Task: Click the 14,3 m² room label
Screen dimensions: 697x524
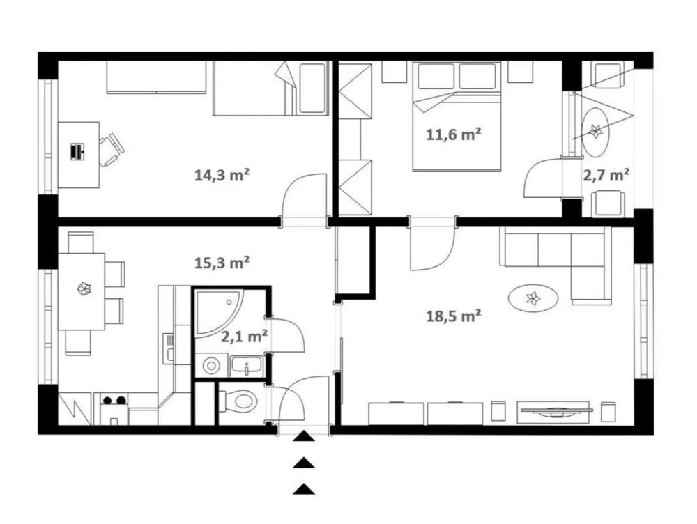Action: click(x=222, y=175)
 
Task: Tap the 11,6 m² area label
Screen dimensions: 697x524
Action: click(x=454, y=134)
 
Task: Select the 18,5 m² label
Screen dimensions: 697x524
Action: click(x=454, y=316)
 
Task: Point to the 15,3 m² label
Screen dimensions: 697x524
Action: click(x=222, y=263)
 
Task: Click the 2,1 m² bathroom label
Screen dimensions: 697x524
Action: click(x=244, y=337)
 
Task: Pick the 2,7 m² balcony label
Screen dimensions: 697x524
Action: click(x=606, y=175)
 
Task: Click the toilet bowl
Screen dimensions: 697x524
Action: click(x=238, y=401)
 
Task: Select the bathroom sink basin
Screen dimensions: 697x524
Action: click(x=247, y=366)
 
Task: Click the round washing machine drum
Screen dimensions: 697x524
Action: click(x=211, y=366)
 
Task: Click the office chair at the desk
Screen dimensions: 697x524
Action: click(x=111, y=149)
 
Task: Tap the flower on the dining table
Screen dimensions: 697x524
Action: click(x=84, y=290)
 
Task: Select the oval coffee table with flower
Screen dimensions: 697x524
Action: click(x=533, y=298)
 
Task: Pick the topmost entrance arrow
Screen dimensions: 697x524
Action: click(x=304, y=436)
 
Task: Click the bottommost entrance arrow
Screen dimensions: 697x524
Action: click(x=304, y=488)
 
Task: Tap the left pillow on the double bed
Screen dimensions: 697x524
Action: click(x=436, y=76)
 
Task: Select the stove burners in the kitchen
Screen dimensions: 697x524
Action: click(x=114, y=401)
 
